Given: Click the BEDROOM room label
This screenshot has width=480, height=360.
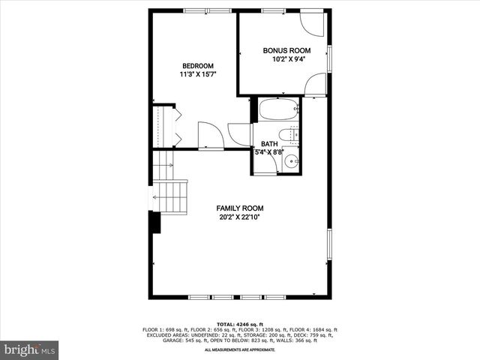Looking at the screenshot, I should [198, 65].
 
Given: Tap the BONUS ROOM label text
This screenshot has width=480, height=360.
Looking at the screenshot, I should [286, 50].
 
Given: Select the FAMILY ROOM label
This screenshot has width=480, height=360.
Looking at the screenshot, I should [240, 208].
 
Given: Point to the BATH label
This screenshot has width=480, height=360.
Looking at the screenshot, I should [269, 143].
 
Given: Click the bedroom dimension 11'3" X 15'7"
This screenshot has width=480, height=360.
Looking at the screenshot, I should [198, 74].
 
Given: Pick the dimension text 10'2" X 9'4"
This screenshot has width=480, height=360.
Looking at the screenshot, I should [286, 59].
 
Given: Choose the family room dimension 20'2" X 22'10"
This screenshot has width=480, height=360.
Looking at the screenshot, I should [240, 217].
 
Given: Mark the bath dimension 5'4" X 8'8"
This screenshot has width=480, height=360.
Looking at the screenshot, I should [269, 152].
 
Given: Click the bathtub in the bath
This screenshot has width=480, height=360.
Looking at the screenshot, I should [278, 110].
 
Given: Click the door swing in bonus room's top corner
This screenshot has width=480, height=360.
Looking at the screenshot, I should [313, 24].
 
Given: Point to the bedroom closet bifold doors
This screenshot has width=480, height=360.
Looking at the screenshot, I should [177, 126].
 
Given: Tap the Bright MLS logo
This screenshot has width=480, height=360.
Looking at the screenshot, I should [30, 349].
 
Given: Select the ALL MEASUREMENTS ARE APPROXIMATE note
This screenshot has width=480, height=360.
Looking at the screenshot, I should [240, 349].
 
